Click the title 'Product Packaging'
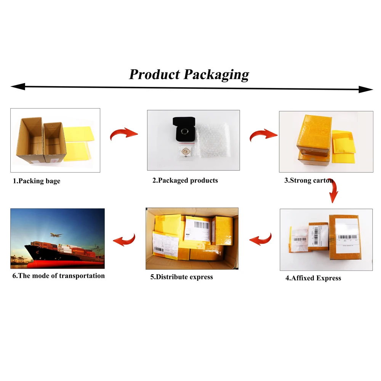(x=189, y=74)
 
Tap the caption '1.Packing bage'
(x=37, y=181)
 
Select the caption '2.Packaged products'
(x=185, y=180)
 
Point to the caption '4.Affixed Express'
(x=313, y=278)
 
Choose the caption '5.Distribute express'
(x=181, y=277)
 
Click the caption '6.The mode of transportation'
(x=58, y=275)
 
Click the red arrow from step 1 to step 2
(x=123, y=134)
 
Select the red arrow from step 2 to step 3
(x=263, y=135)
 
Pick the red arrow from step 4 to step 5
(x=261, y=239)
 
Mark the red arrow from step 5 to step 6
(x=124, y=240)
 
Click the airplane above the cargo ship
(x=56, y=235)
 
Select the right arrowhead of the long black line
(x=366, y=90)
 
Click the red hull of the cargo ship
(x=65, y=263)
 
